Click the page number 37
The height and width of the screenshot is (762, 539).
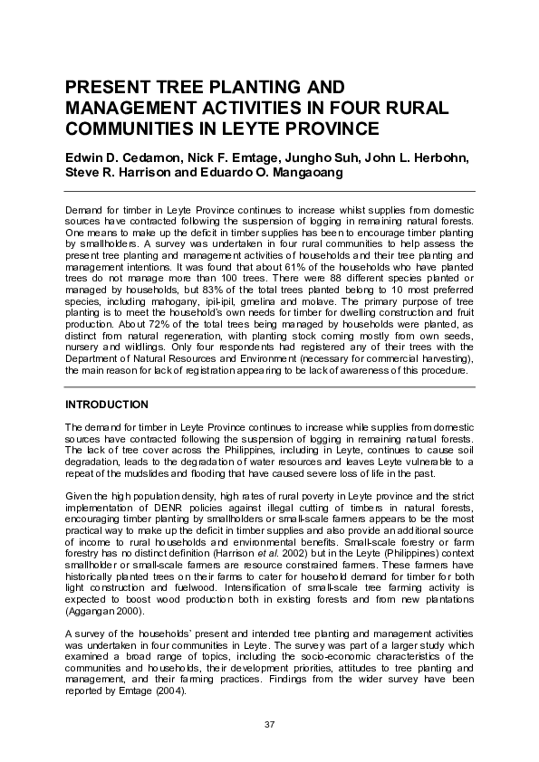coord(269,724)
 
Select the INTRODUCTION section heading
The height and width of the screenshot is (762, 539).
coord(107,404)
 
